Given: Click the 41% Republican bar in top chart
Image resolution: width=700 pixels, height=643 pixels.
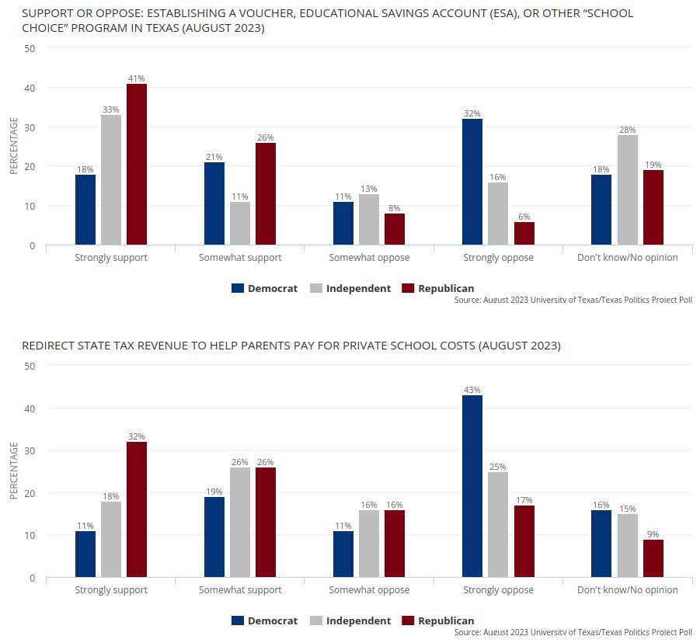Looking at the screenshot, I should (x=137, y=164).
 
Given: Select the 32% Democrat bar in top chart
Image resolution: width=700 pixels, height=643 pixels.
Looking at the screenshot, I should (x=472, y=182).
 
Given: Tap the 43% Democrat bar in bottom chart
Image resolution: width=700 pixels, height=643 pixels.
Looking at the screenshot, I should (x=472, y=486).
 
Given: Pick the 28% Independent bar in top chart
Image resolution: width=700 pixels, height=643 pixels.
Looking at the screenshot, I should (x=628, y=189).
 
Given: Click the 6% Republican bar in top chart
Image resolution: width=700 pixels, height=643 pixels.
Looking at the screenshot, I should (x=524, y=233).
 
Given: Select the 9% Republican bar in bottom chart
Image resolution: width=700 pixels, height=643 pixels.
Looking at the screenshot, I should (x=653, y=558).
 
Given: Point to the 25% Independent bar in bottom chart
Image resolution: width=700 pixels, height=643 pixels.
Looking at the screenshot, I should (x=498, y=524).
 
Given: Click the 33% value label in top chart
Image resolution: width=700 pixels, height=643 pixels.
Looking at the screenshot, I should (x=111, y=109).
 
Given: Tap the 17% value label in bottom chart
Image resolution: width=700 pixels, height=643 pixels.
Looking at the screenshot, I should (x=524, y=500).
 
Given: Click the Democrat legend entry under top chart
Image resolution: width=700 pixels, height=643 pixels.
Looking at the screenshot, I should (x=264, y=288).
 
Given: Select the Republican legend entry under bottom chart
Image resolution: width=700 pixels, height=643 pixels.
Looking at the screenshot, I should (x=437, y=620).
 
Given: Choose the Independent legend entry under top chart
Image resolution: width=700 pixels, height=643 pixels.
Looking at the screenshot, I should (x=350, y=288).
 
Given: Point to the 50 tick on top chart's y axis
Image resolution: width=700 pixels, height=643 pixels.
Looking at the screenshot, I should (x=30, y=48).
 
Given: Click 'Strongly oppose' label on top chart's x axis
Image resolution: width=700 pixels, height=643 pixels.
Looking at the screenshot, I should (x=498, y=257).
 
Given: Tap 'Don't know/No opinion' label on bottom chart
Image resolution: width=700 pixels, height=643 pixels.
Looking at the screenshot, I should (x=627, y=589).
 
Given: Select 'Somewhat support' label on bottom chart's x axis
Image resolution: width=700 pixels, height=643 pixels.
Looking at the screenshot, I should (x=240, y=589).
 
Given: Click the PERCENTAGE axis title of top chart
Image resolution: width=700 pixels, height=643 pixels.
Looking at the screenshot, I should (x=13, y=146).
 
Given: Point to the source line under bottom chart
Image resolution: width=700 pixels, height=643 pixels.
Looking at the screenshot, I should (x=573, y=632).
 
